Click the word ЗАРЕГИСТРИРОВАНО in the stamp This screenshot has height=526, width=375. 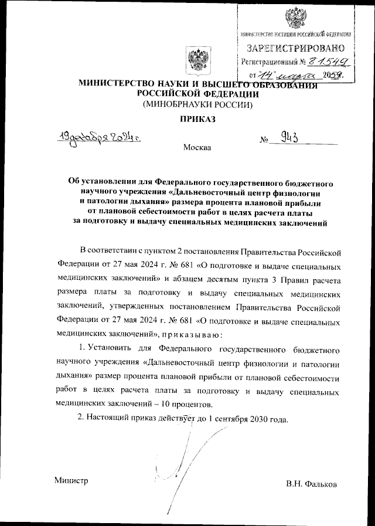(x=295, y=47)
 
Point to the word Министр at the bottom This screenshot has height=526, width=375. (x=71, y=480)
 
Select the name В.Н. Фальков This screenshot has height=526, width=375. (x=312, y=484)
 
